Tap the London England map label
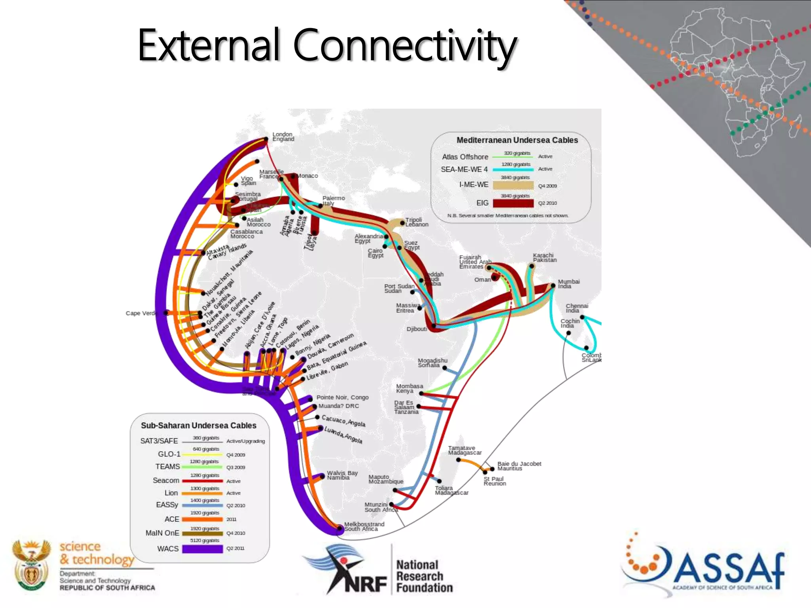(283, 137)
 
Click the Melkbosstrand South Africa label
(364, 526)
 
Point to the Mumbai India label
(569, 284)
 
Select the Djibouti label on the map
(417, 329)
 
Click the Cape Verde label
(141, 313)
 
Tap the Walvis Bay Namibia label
(342, 475)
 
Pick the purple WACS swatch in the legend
(202, 549)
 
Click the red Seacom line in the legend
(202, 481)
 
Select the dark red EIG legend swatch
(513, 203)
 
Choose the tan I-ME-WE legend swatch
(513, 185)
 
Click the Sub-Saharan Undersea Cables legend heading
(198, 426)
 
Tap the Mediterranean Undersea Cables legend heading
(517, 140)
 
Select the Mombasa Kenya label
(409, 388)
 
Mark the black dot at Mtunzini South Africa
(391, 504)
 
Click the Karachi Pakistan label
(544, 258)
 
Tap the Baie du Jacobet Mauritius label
(519, 466)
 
